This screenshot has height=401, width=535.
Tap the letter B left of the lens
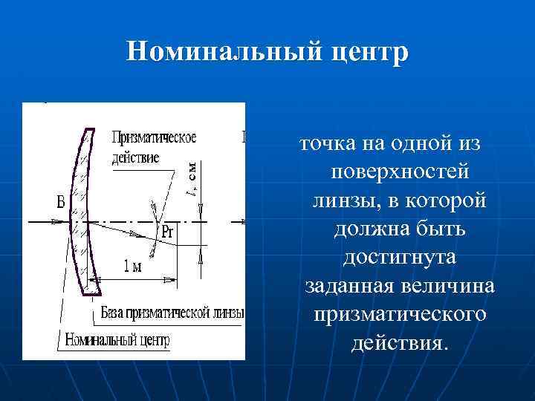pos(60,202)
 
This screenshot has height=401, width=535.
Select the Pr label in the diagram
pos(168,232)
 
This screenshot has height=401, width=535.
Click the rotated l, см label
pos(191,178)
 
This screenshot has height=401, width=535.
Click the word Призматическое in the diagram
pos(154,138)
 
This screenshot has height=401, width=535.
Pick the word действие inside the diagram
pos(135,157)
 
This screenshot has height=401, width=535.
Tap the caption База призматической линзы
pos(172,313)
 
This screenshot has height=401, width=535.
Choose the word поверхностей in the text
pos(400,172)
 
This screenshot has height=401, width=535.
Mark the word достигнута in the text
pos(400,258)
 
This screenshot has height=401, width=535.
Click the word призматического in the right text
pos(400,315)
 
